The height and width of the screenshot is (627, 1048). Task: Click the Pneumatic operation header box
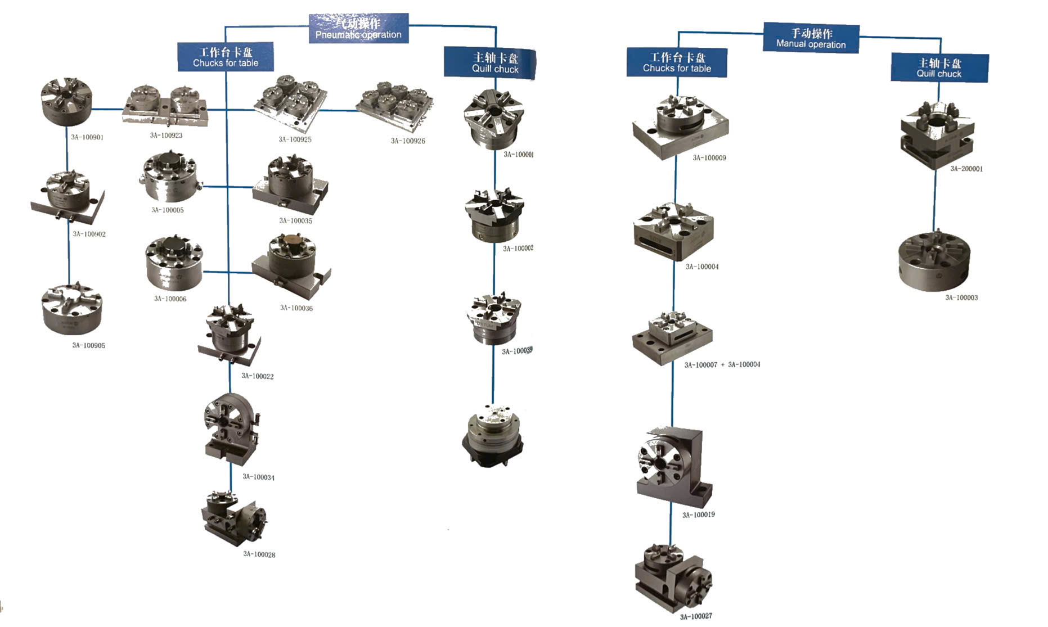(358, 29)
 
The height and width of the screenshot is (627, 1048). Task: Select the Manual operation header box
(811, 38)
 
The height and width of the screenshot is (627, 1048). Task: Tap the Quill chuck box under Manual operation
(939, 68)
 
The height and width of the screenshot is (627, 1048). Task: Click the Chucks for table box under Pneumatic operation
(226, 57)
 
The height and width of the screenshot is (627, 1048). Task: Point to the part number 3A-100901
(87, 137)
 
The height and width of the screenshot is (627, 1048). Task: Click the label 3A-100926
(408, 141)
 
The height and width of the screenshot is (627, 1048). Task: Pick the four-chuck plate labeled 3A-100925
(291, 104)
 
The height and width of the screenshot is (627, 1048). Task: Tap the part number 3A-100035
(295, 221)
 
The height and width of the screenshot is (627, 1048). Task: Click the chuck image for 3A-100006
(174, 263)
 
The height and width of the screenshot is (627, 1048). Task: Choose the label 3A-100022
(258, 376)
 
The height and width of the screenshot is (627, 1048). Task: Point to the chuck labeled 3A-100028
(233, 519)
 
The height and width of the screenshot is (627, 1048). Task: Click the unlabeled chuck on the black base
(493, 436)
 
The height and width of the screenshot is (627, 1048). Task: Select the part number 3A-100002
(518, 249)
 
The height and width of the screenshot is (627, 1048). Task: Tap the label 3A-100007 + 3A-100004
(722, 365)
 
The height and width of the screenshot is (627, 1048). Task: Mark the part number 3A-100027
(696, 617)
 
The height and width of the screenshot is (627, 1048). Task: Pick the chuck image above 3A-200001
(937, 135)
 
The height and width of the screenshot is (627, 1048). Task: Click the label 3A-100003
(961, 298)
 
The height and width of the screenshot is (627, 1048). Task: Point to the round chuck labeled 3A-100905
(72, 309)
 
